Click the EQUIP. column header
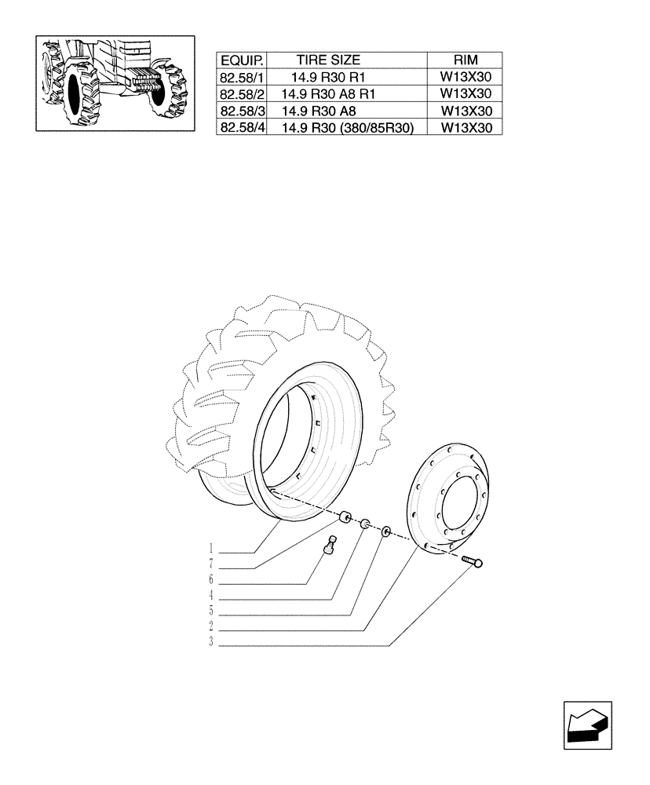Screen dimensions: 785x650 (243, 60)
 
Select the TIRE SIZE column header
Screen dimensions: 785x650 (328, 60)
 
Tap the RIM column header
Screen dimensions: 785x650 (466, 60)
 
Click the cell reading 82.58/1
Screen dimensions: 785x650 (243, 77)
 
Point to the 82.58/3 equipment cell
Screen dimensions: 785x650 (243, 111)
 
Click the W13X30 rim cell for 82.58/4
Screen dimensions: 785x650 (466, 128)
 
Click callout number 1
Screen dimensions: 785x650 (212, 547)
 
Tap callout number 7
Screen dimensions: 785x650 (212, 564)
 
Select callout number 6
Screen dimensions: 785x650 (212, 580)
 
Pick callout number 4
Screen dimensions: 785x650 (212, 596)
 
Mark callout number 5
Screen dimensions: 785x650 (212, 612)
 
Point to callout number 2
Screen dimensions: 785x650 (212, 627)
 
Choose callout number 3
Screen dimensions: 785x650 (212, 643)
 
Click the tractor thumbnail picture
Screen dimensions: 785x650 (115, 82)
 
